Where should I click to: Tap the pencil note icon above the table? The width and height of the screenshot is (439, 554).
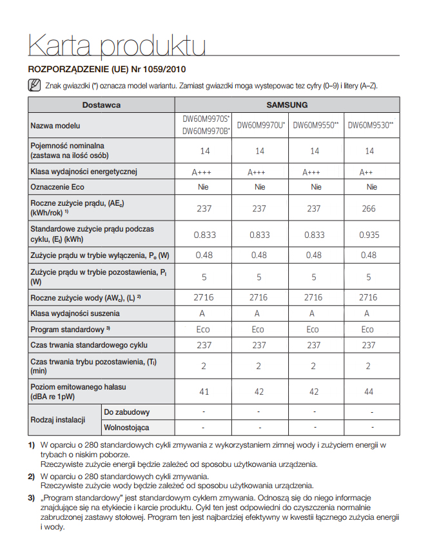[35, 86]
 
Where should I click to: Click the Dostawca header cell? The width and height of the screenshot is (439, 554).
[101, 104]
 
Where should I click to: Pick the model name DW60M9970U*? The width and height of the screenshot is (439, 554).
[259, 125]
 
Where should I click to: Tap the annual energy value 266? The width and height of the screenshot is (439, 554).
[369, 208]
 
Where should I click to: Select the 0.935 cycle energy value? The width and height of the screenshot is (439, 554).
[369, 235]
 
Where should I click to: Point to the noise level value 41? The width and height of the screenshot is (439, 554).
[204, 391]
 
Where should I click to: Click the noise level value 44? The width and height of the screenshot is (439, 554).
[369, 391]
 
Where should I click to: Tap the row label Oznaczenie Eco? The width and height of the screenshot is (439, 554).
[57, 187]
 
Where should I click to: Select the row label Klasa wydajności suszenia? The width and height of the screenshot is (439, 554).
[75, 313]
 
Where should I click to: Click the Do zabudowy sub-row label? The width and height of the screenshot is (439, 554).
[127, 412]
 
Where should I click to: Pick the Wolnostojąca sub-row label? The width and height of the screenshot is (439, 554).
[127, 427]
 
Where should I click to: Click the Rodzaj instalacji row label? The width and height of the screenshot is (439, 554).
[58, 420]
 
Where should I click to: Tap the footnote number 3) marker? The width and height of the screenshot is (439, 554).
[31, 498]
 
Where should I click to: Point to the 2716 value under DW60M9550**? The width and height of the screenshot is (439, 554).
[313, 297]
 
